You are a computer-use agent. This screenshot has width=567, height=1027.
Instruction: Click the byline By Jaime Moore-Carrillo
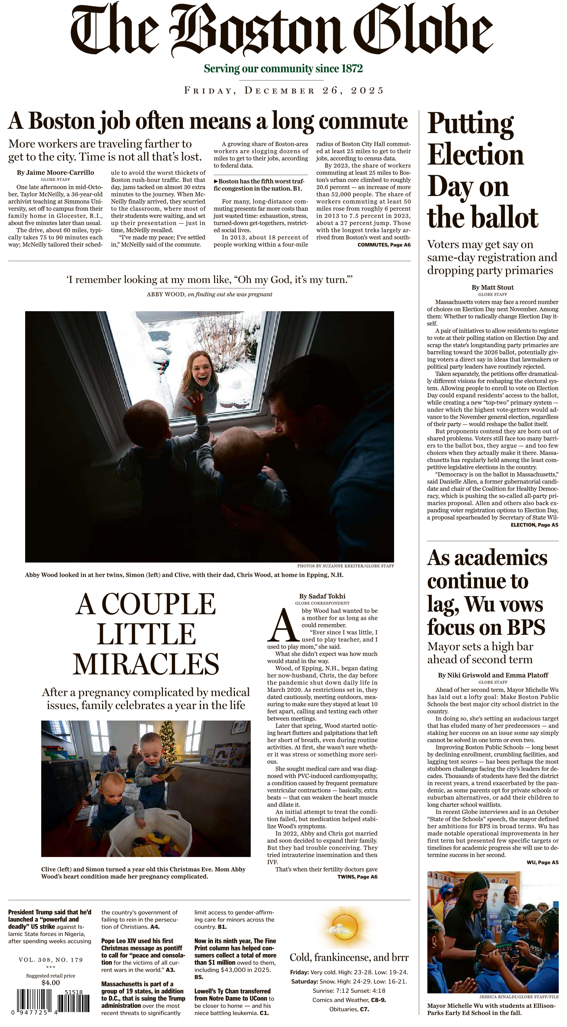coord(56,173)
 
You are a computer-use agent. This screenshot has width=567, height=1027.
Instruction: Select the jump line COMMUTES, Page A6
coord(384,245)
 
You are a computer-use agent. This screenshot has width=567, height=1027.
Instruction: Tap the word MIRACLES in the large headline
coord(146,664)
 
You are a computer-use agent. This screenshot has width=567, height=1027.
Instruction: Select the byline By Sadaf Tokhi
coord(322,596)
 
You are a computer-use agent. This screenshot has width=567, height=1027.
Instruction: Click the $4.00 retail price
coord(51,983)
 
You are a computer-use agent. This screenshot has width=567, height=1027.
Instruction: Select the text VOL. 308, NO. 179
coord(51,960)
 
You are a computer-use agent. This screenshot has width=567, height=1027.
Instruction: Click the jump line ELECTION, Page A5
coord(534,525)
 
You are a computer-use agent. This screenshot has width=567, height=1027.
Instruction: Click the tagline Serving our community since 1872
coord(283,69)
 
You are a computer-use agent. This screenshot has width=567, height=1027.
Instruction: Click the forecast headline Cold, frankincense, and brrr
coord(349,957)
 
